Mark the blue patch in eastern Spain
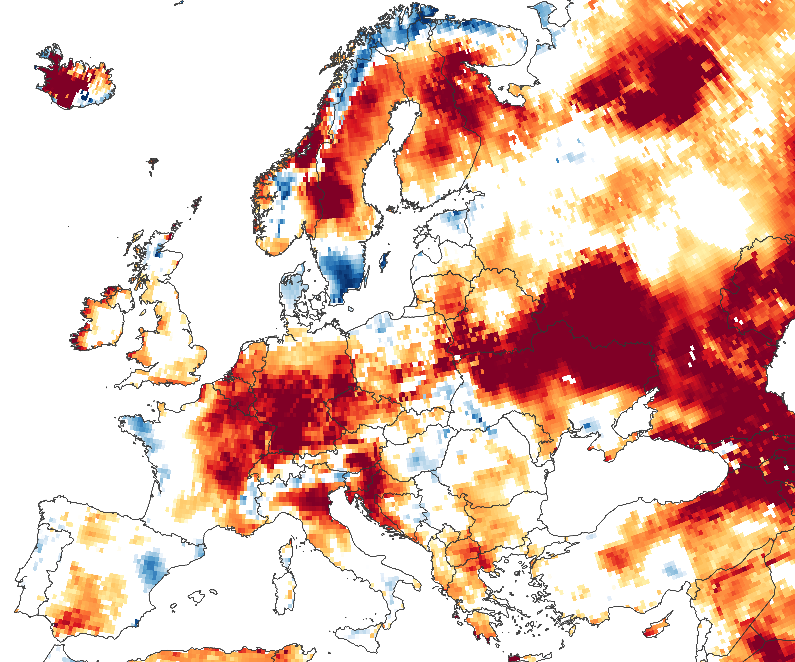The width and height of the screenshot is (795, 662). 152,567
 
